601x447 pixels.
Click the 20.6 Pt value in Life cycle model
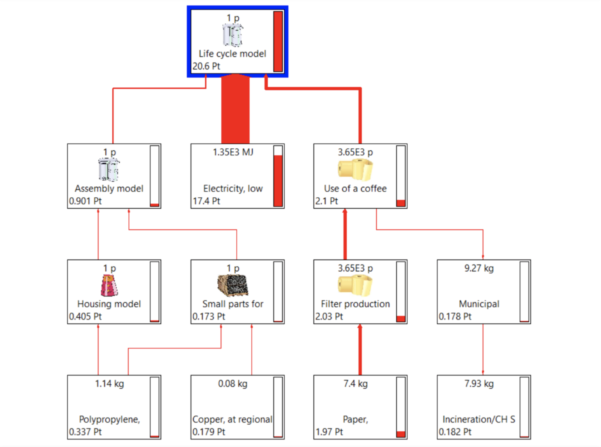point(206,66)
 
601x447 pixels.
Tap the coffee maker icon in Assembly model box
point(109,169)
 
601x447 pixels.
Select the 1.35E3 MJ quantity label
point(233,152)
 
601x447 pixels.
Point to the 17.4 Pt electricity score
point(206,201)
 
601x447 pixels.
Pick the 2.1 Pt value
point(327,201)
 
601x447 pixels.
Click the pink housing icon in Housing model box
point(109,285)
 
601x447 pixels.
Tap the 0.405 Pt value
point(85,316)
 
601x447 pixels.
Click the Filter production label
point(355,304)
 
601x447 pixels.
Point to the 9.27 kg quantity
point(479,268)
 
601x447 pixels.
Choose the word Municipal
point(479,304)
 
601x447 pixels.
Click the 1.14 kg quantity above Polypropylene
point(109,384)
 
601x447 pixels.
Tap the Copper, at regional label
point(232,419)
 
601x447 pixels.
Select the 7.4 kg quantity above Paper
point(355,384)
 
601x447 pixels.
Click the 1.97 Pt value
point(329,432)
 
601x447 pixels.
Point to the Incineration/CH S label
point(479,419)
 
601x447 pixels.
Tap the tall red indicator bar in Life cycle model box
point(278,41)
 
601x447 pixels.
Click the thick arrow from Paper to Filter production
point(360,350)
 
